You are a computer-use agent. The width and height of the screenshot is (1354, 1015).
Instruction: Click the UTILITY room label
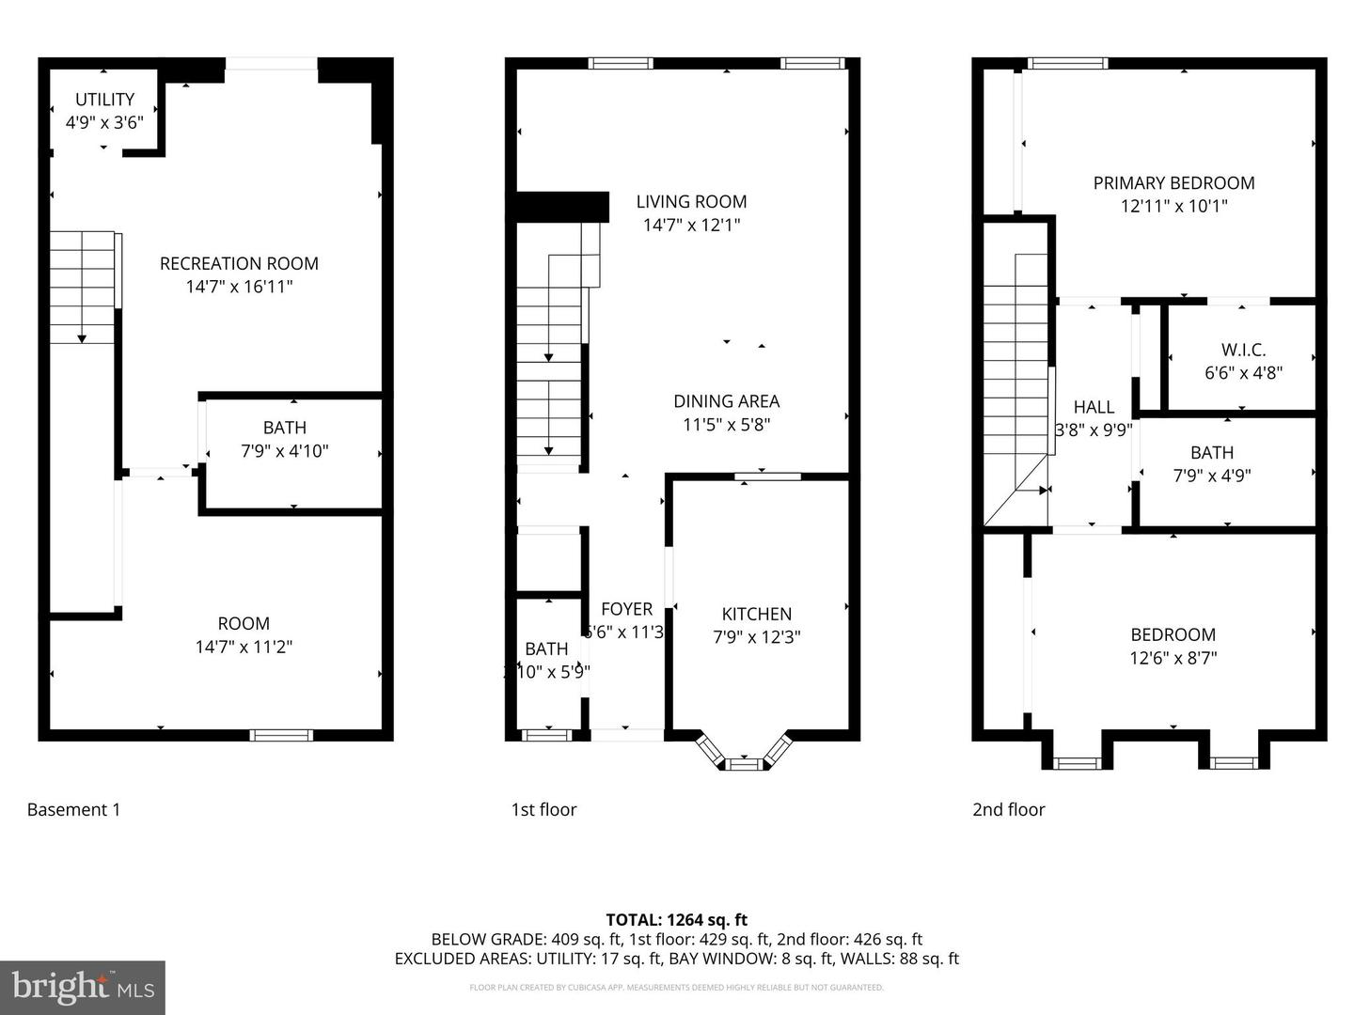pos(104,99)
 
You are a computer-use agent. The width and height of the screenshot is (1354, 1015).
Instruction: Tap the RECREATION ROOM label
pos(239,263)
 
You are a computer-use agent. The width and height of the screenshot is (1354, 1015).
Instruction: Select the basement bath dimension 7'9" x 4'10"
pos(284,451)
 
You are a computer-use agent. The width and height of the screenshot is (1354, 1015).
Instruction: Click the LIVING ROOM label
pos(691,201)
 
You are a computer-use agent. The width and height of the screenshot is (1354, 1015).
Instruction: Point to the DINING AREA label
pos(726,401)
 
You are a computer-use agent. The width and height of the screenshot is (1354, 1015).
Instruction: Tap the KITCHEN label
pos(757,614)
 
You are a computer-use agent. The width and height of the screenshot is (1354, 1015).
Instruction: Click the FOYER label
pos(626,609)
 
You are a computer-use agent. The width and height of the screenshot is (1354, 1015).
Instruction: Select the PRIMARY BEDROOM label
pos(1173,183)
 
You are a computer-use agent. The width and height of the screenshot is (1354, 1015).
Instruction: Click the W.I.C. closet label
pos(1243,350)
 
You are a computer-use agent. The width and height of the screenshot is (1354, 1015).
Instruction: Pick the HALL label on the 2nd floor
pos(1094,407)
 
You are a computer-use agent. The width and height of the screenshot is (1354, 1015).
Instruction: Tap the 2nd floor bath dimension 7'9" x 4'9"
pos(1211,476)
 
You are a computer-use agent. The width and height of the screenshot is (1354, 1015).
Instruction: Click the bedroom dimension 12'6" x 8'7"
pos(1173,658)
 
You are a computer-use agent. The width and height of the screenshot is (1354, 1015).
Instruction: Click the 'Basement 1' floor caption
pos(73,809)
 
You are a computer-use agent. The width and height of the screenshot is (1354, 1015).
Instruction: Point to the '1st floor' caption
pos(543,809)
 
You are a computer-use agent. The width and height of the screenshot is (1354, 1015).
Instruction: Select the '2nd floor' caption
pos(1008,809)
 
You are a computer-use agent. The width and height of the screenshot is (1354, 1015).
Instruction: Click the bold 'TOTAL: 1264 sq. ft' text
pos(676,920)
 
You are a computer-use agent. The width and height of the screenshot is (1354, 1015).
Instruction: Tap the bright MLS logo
pos(83,987)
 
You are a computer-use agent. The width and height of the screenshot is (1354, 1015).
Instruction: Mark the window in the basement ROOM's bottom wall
pos(281,734)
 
